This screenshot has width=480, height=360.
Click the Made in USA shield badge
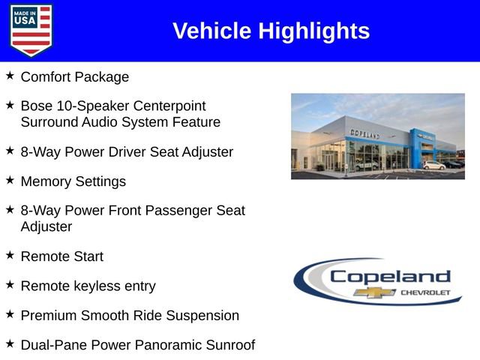[31, 30]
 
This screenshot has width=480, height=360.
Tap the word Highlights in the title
[314, 31]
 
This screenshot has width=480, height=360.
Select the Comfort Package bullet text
[74, 76]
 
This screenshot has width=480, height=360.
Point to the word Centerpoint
[168, 106]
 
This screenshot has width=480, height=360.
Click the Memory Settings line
[73, 181]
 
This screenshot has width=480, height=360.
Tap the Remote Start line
[61, 256]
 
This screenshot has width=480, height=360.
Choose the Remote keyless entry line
[88, 286]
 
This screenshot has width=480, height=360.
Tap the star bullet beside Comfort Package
[10, 76]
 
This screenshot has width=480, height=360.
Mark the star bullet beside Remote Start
[10, 256]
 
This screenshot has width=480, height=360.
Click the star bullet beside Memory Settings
[10, 181]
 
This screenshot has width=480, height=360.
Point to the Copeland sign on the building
[364, 133]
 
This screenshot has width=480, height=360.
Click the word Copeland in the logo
[389, 276]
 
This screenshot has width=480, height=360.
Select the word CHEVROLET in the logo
[425, 292]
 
